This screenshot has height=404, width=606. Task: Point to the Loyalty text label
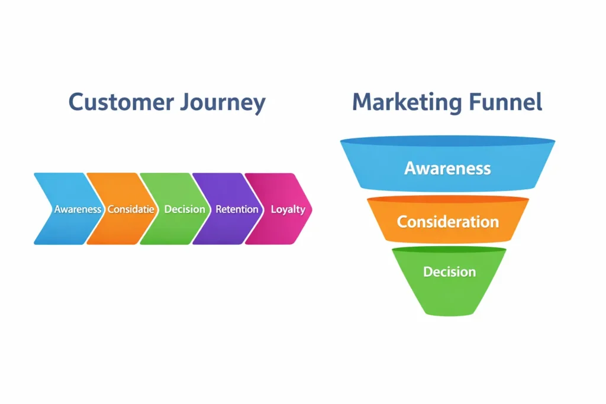tap(288, 209)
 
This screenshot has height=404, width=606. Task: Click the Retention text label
tap(237, 209)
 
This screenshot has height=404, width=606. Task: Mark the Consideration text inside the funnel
tap(447, 222)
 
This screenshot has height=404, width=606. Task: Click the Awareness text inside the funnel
tap(447, 168)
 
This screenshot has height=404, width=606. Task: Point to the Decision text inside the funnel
tap(449, 272)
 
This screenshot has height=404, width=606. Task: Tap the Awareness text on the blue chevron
tap(78, 209)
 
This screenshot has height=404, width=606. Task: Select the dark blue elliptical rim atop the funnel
tap(447, 142)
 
